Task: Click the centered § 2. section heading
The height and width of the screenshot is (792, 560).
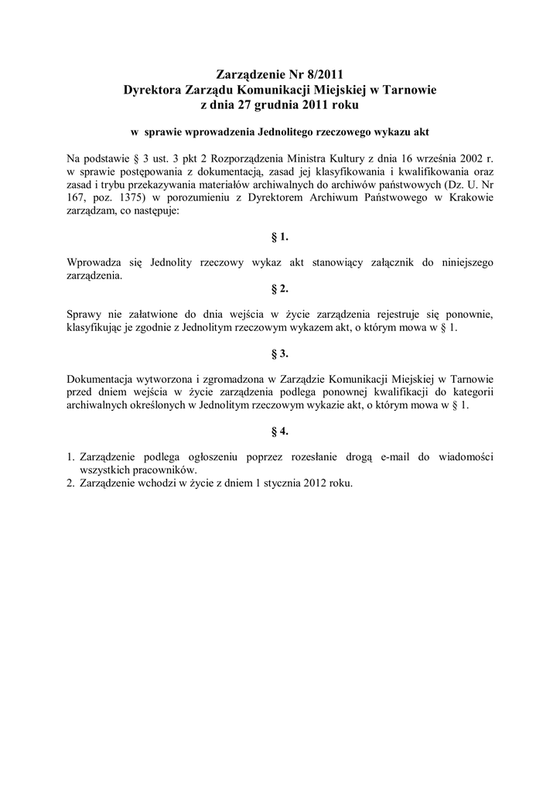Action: pyautogui.click(x=280, y=288)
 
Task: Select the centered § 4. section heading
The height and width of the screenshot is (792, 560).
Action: pyautogui.click(x=280, y=430)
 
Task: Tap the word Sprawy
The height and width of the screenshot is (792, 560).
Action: pyautogui.click(x=85, y=315)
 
